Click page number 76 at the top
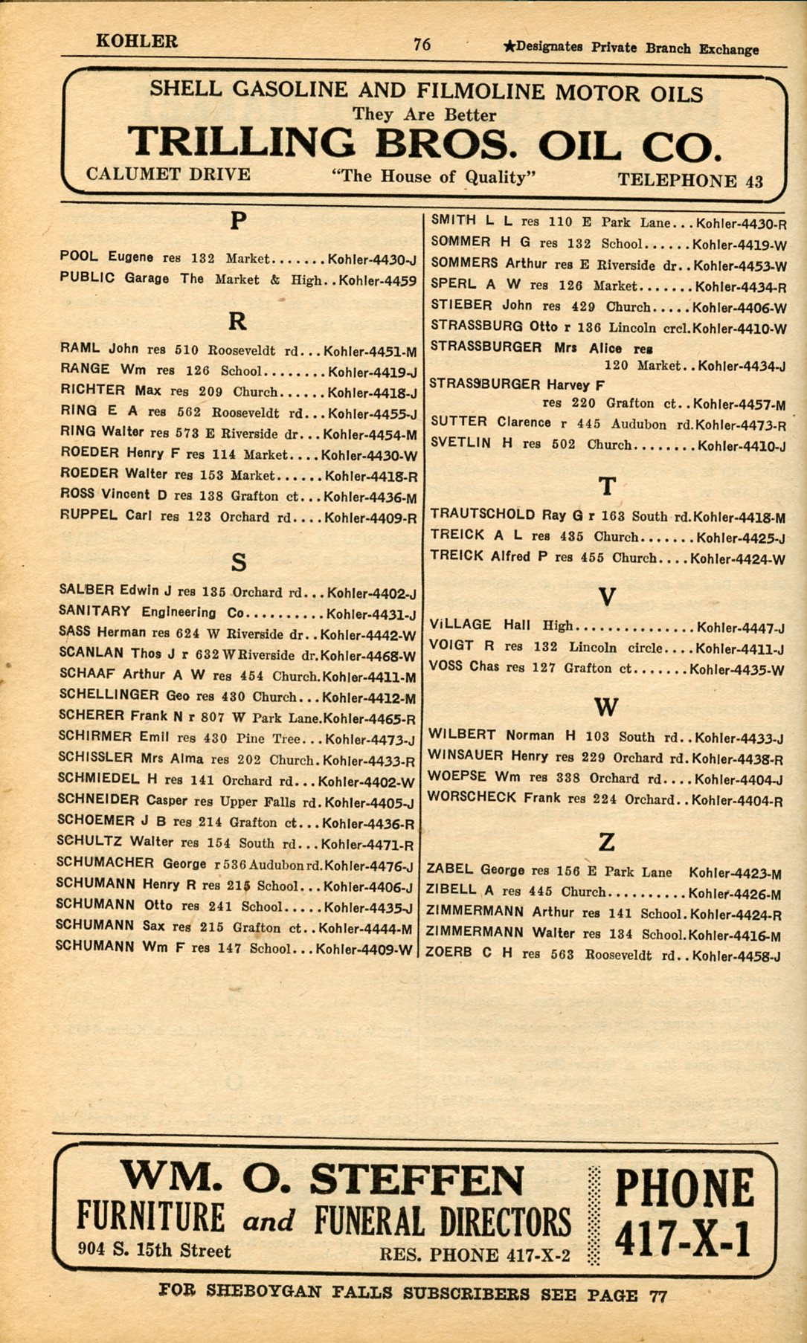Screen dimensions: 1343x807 coord(422,45)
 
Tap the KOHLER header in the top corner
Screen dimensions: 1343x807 coord(137,41)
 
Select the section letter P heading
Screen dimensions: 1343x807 coord(237,221)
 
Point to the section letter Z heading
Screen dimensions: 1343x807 coord(607,842)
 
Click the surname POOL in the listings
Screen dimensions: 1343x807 coord(78,257)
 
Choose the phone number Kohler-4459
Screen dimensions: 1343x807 coord(378,282)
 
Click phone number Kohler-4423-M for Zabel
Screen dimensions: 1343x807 coord(735,873)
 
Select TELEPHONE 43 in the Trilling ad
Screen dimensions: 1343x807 coord(690,181)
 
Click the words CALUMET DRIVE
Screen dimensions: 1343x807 coord(168,175)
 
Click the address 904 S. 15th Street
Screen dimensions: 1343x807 coord(154,1251)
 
